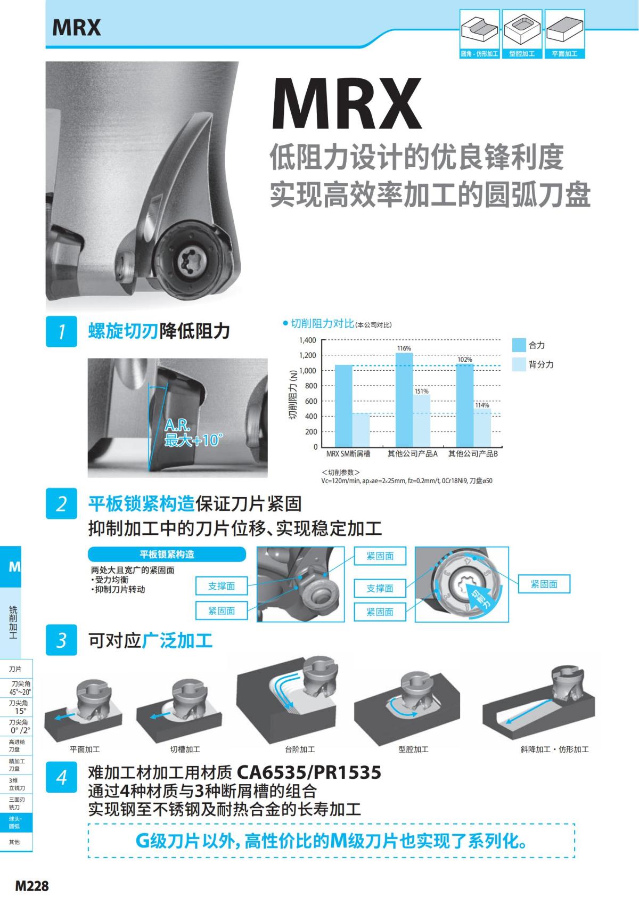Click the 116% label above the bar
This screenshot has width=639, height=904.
pyautogui.click(x=404, y=348)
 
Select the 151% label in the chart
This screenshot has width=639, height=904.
pyautogui.click(x=421, y=391)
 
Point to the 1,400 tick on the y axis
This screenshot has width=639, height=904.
pyautogui.click(x=307, y=340)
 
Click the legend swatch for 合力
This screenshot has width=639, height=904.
pyautogui.click(x=519, y=345)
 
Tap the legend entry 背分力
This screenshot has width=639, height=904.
pyautogui.click(x=541, y=365)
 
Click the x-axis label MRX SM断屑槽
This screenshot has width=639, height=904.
pyautogui.click(x=348, y=454)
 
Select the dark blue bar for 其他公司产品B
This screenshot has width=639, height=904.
pyautogui.click(x=465, y=405)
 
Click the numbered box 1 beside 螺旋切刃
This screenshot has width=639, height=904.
pyautogui.click(x=61, y=332)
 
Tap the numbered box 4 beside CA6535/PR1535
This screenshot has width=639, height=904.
pyautogui.click(x=61, y=778)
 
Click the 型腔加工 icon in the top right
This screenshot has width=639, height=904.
pyautogui.click(x=522, y=34)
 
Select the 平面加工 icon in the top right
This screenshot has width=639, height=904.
pyautogui.click(x=564, y=34)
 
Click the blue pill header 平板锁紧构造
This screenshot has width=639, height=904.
pyautogui.click(x=167, y=555)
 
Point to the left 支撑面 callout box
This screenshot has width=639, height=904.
pyautogui.click(x=222, y=586)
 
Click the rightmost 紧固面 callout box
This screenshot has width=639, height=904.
pyautogui.click(x=544, y=584)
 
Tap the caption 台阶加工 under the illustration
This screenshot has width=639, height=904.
pyautogui.click(x=300, y=750)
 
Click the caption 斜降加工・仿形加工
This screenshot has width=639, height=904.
pyautogui.click(x=554, y=750)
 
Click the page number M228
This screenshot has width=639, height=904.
pyautogui.click(x=32, y=886)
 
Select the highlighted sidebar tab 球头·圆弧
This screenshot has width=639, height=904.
pyautogui.click(x=15, y=822)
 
